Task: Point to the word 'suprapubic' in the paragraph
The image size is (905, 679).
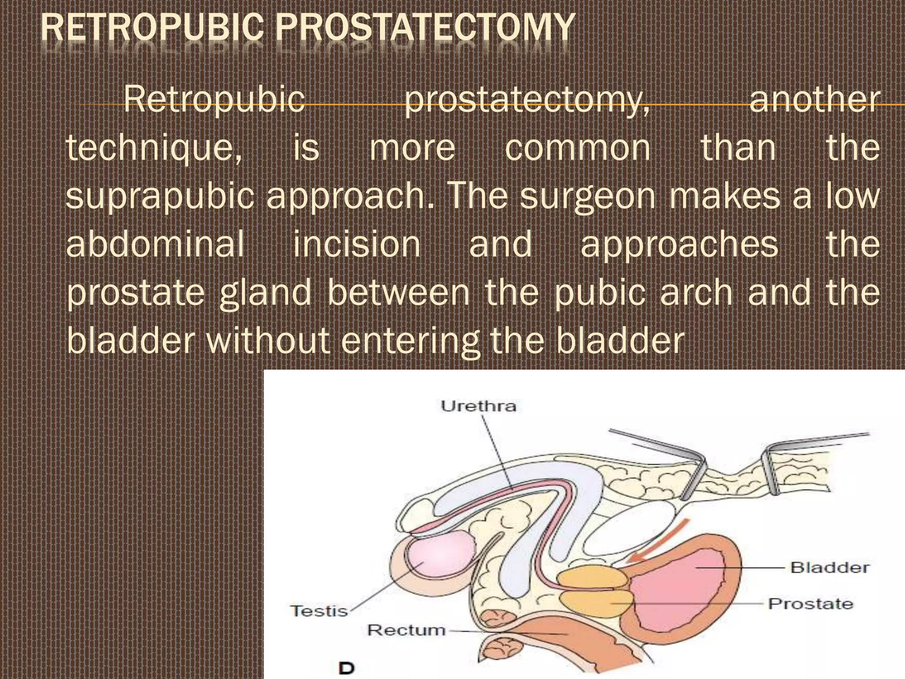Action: [160, 197]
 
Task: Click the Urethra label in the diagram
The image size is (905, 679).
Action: [479, 406]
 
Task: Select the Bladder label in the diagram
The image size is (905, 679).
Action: [829, 567]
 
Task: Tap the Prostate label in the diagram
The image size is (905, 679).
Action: [810, 604]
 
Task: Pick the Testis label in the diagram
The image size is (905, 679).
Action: [319, 611]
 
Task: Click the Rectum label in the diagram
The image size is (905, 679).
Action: [406, 629]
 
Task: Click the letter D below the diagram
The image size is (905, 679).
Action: [347, 668]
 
